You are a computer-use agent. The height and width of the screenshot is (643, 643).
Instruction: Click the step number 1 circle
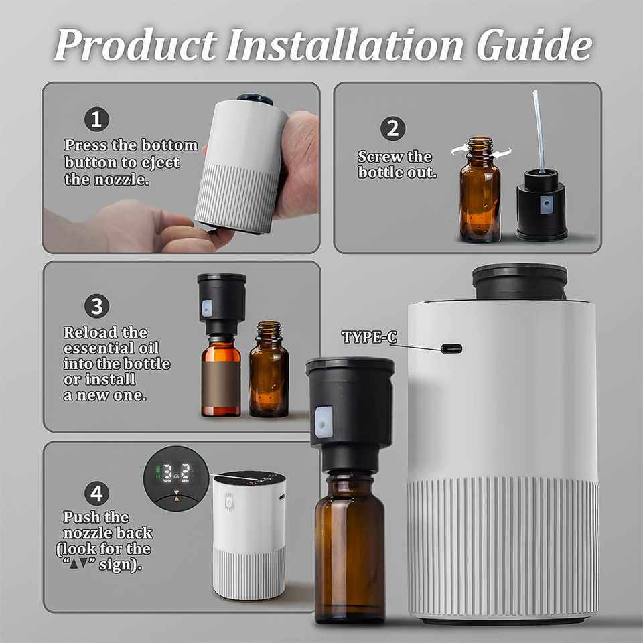(96, 119)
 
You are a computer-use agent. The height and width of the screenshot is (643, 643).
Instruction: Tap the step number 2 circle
(393, 129)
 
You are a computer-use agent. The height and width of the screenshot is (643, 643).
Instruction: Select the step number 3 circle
(96, 306)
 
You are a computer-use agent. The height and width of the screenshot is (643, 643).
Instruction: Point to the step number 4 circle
(96, 493)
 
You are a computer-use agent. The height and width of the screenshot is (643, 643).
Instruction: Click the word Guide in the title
(534, 45)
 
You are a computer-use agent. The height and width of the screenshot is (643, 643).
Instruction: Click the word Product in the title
(135, 45)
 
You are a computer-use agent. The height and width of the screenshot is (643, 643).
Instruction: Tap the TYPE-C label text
(369, 337)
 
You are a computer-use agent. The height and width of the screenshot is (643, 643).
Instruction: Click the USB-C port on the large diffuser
(451, 348)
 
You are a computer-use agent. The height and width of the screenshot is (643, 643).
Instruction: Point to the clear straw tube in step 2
(539, 132)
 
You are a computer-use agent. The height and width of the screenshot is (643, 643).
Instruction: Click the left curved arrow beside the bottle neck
(459, 150)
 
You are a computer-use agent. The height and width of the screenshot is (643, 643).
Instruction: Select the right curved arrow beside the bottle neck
(502, 153)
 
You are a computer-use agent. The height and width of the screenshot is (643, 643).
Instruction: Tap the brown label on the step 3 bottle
(220, 384)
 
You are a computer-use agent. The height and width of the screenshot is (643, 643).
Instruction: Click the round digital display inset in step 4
(176, 478)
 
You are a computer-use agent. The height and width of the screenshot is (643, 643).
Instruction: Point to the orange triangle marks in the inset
(177, 496)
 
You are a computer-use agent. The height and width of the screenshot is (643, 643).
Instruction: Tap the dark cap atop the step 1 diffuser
(255, 99)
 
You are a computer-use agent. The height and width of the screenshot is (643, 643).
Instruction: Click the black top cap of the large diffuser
(520, 281)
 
